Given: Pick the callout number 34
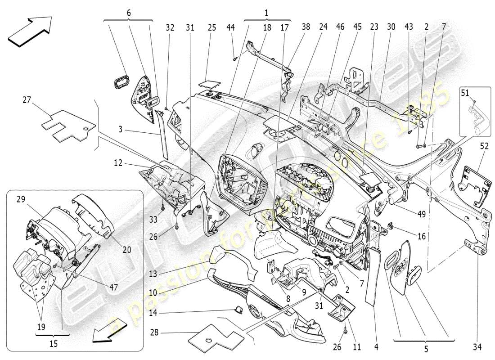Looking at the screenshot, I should pyautogui.click(x=477, y=346).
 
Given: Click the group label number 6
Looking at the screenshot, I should pyautogui.click(x=128, y=13).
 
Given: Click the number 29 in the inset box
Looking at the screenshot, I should pyautogui.click(x=20, y=198).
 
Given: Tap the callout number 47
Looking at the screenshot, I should pyautogui.click(x=113, y=286).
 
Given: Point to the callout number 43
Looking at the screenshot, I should pyautogui.click(x=408, y=27).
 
